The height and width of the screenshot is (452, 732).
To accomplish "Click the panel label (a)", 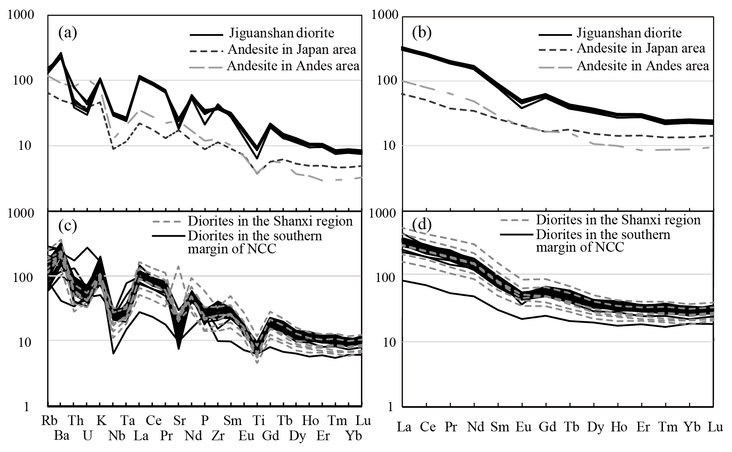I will pyautogui.click(x=68, y=32).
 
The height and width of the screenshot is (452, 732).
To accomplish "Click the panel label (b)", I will pyautogui.click(x=422, y=32).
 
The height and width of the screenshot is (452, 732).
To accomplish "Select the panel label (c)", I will pyautogui.click(x=68, y=226).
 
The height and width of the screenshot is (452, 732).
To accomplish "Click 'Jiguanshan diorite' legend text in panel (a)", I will pyautogui.click(x=281, y=33).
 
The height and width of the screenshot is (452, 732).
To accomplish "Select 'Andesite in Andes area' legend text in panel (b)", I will pyautogui.click(x=643, y=66).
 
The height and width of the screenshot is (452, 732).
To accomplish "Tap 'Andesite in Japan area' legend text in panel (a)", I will pyautogui.click(x=292, y=50).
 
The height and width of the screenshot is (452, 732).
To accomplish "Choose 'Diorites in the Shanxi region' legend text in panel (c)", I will pyautogui.click(x=270, y=221).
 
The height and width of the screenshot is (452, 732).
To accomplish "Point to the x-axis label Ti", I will pyautogui.click(x=258, y=420).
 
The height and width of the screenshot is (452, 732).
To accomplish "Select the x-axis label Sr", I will pyautogui.click(x=179, y=420).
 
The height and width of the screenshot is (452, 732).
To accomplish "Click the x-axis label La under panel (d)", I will pyautogui.click(x=404, y=427).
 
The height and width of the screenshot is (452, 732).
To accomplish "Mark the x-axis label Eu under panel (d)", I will pyautogui.click(x=523, y=427).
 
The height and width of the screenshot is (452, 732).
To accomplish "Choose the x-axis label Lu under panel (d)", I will pyautogui.click(x=715, y=427).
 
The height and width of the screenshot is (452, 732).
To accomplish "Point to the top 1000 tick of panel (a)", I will pyautogui.click(x=26, y=16).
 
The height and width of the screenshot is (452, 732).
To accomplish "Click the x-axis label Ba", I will pyautogui.click(x=62, y=436).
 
